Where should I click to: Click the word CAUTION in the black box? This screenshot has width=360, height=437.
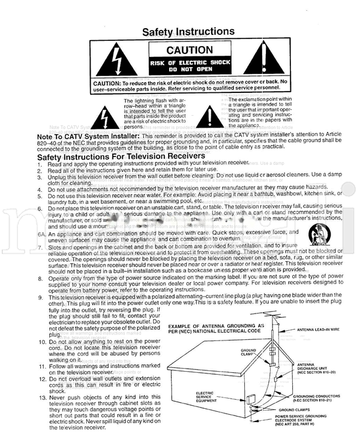click(189, 50)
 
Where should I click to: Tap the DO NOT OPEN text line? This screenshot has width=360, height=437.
click(189, 69)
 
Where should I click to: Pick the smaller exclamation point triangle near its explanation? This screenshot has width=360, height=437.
click(206, 114)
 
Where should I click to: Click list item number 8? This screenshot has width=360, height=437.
click(40, 278)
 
